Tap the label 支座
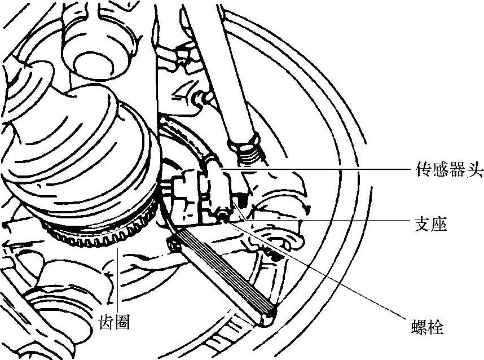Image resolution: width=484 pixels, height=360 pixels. (431, 225)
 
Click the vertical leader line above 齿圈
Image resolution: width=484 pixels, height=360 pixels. (118, 276)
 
